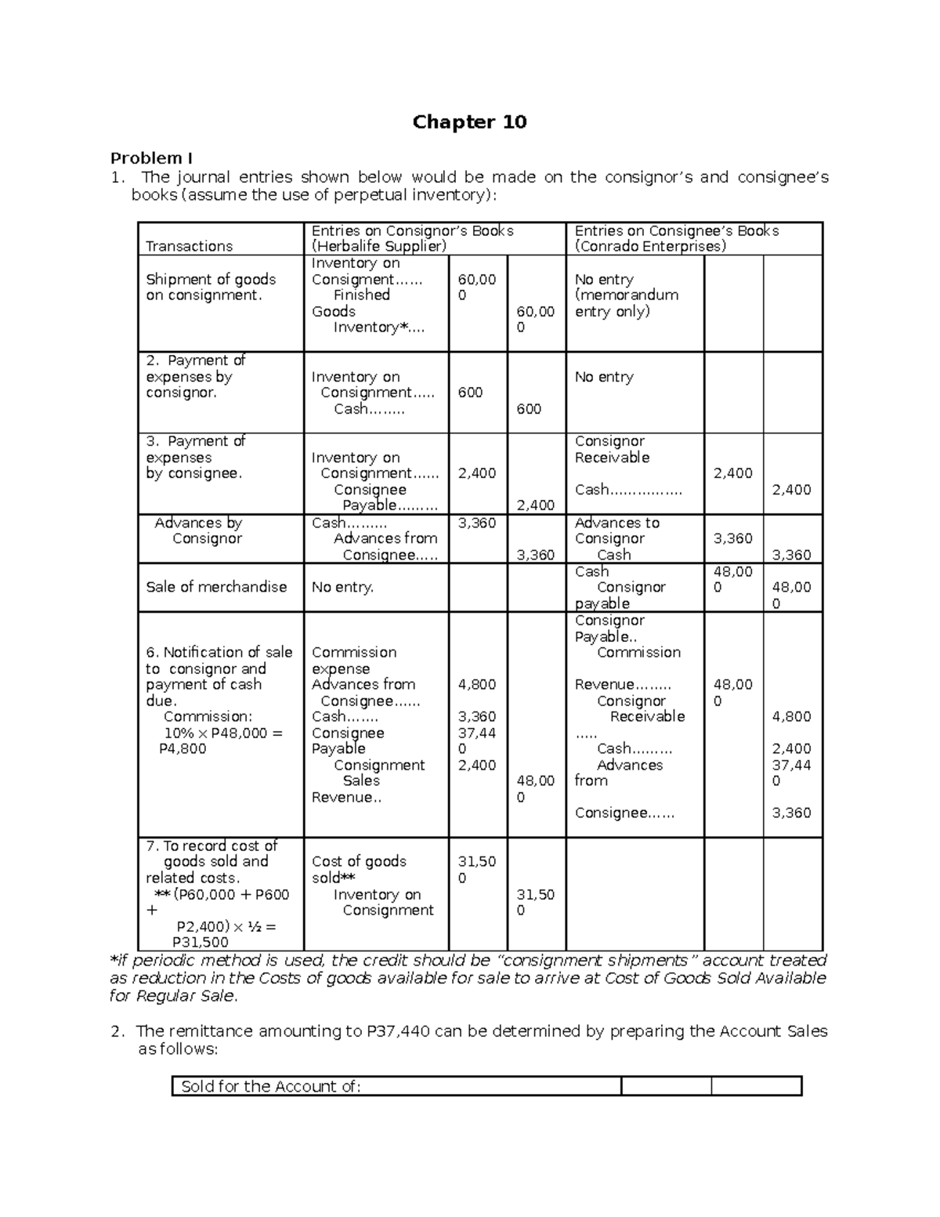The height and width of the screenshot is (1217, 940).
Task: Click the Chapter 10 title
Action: (469, 121)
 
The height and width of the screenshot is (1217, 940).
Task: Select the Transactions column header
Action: (189, 246)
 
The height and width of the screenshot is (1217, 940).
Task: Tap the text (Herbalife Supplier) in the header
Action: (379, 246)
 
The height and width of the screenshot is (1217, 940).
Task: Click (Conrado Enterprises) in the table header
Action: (650, 246)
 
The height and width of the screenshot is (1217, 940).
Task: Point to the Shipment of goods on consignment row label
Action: (211, 287)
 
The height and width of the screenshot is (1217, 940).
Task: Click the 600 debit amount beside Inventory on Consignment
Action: (470, 393)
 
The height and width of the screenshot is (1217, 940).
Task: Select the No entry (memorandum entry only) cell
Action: (626, 295)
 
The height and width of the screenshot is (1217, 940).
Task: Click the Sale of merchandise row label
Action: (216, 587)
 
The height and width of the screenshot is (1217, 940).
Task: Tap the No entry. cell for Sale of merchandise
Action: (342, 587)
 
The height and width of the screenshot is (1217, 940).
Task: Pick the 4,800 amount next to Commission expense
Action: (476, 684)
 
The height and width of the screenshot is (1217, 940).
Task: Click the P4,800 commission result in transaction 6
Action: (183, 748)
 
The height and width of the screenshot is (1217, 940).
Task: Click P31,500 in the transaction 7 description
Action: (201, 943)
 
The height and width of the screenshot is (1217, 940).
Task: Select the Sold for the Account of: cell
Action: (271, 1086)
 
